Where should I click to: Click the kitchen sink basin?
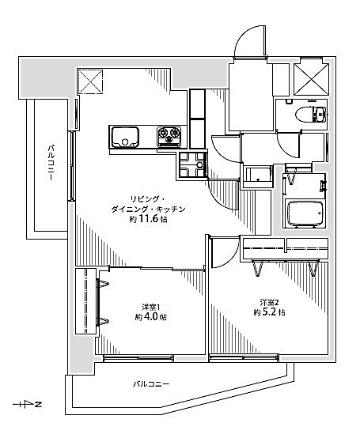point(125,137)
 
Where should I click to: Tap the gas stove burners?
point(169,136)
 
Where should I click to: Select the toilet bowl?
point(311,115)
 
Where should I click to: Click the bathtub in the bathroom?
point(305,213)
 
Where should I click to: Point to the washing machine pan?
point(192,164)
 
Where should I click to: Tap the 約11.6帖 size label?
point(149,219)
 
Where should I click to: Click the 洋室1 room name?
point(150,308)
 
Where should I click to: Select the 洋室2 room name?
point(270,302)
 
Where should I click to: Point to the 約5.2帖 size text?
point(269,312)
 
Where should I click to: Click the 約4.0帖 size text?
point(150,317)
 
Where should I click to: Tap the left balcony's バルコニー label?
point(51,163)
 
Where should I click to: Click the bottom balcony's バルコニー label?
point(151,384)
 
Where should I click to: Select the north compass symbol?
point(28,404)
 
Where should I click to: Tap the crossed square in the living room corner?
point(90,82)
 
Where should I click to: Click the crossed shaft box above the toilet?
point(312,80)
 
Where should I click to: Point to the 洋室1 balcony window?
point(138,358)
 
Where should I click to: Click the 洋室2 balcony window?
point(244,358)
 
